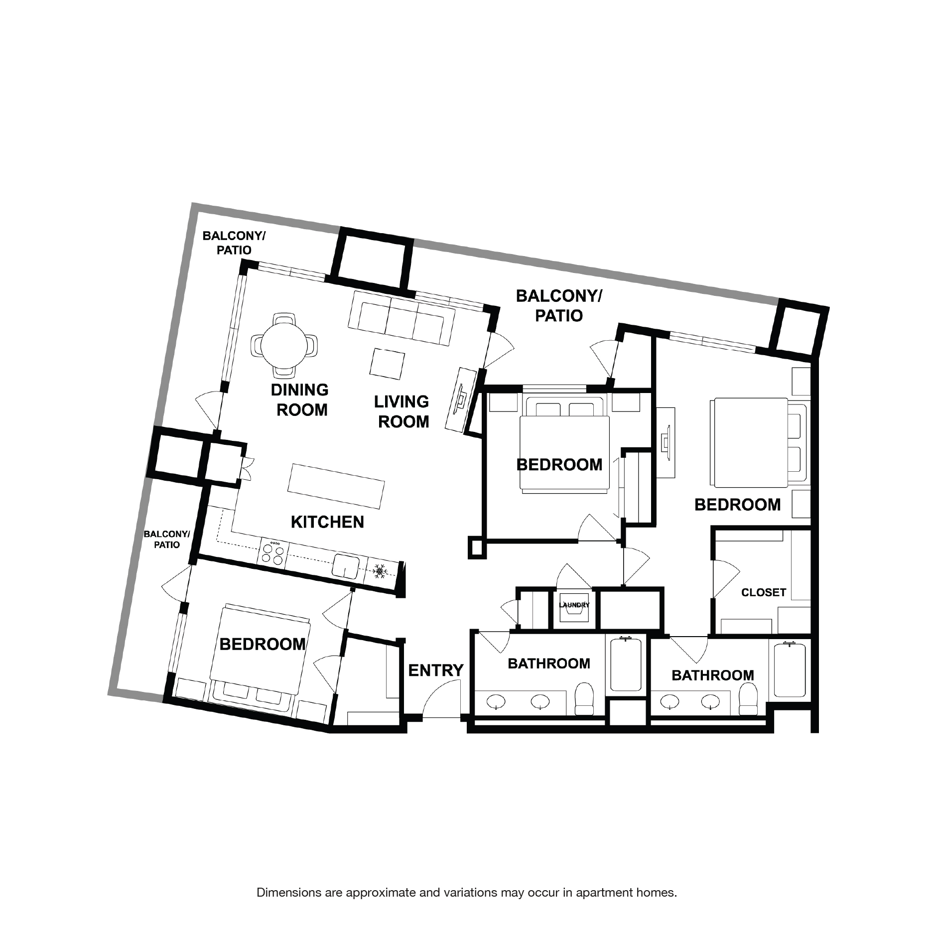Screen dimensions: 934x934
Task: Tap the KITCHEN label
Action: click(x=327, y=522)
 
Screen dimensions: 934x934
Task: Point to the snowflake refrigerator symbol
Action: click(x=381, y=571)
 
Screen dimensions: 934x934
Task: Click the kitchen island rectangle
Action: click(x=336, y=486)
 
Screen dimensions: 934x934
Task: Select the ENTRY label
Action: click(x=436, y=670)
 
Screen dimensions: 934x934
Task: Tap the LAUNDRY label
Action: click(x=574, y=605)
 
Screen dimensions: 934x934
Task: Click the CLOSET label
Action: click(x=763, y=592)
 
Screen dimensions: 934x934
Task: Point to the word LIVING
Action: click(x=401, y=401)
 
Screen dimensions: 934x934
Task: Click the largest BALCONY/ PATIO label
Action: click(x=558, y=305)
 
